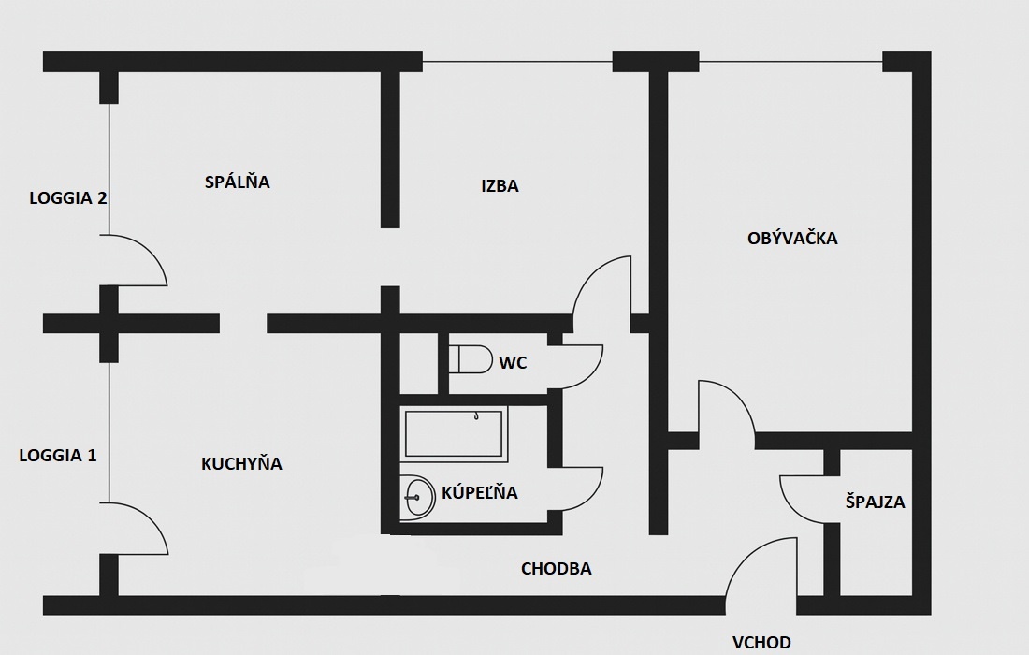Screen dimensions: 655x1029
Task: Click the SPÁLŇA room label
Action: (x=237, y=182)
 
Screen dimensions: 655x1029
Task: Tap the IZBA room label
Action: (x=500, y=186)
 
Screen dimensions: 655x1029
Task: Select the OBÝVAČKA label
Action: (x=792, y=238)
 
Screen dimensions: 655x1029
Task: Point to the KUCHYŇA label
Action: (x=241, y=463)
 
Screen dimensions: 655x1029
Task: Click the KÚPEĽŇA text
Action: (x=480, y=492)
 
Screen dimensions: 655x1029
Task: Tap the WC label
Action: (x=513, y=363)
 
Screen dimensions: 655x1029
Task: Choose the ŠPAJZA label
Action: (x=875, y=502)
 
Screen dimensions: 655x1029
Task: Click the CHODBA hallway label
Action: (x=557, y=568)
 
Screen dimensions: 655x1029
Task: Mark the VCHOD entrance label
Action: (x=761, y=642)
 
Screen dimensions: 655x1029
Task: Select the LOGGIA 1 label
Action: (x=58, y=456)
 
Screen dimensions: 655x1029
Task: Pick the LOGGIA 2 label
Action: (x=67, y=198)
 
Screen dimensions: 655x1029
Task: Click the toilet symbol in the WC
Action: (x=470, y=359)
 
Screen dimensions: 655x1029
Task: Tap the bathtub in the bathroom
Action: (x=455, y=433)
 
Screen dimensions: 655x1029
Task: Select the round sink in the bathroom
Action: (x=418, y=496)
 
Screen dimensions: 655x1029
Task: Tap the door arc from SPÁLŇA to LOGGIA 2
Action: (x=140, y=259)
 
